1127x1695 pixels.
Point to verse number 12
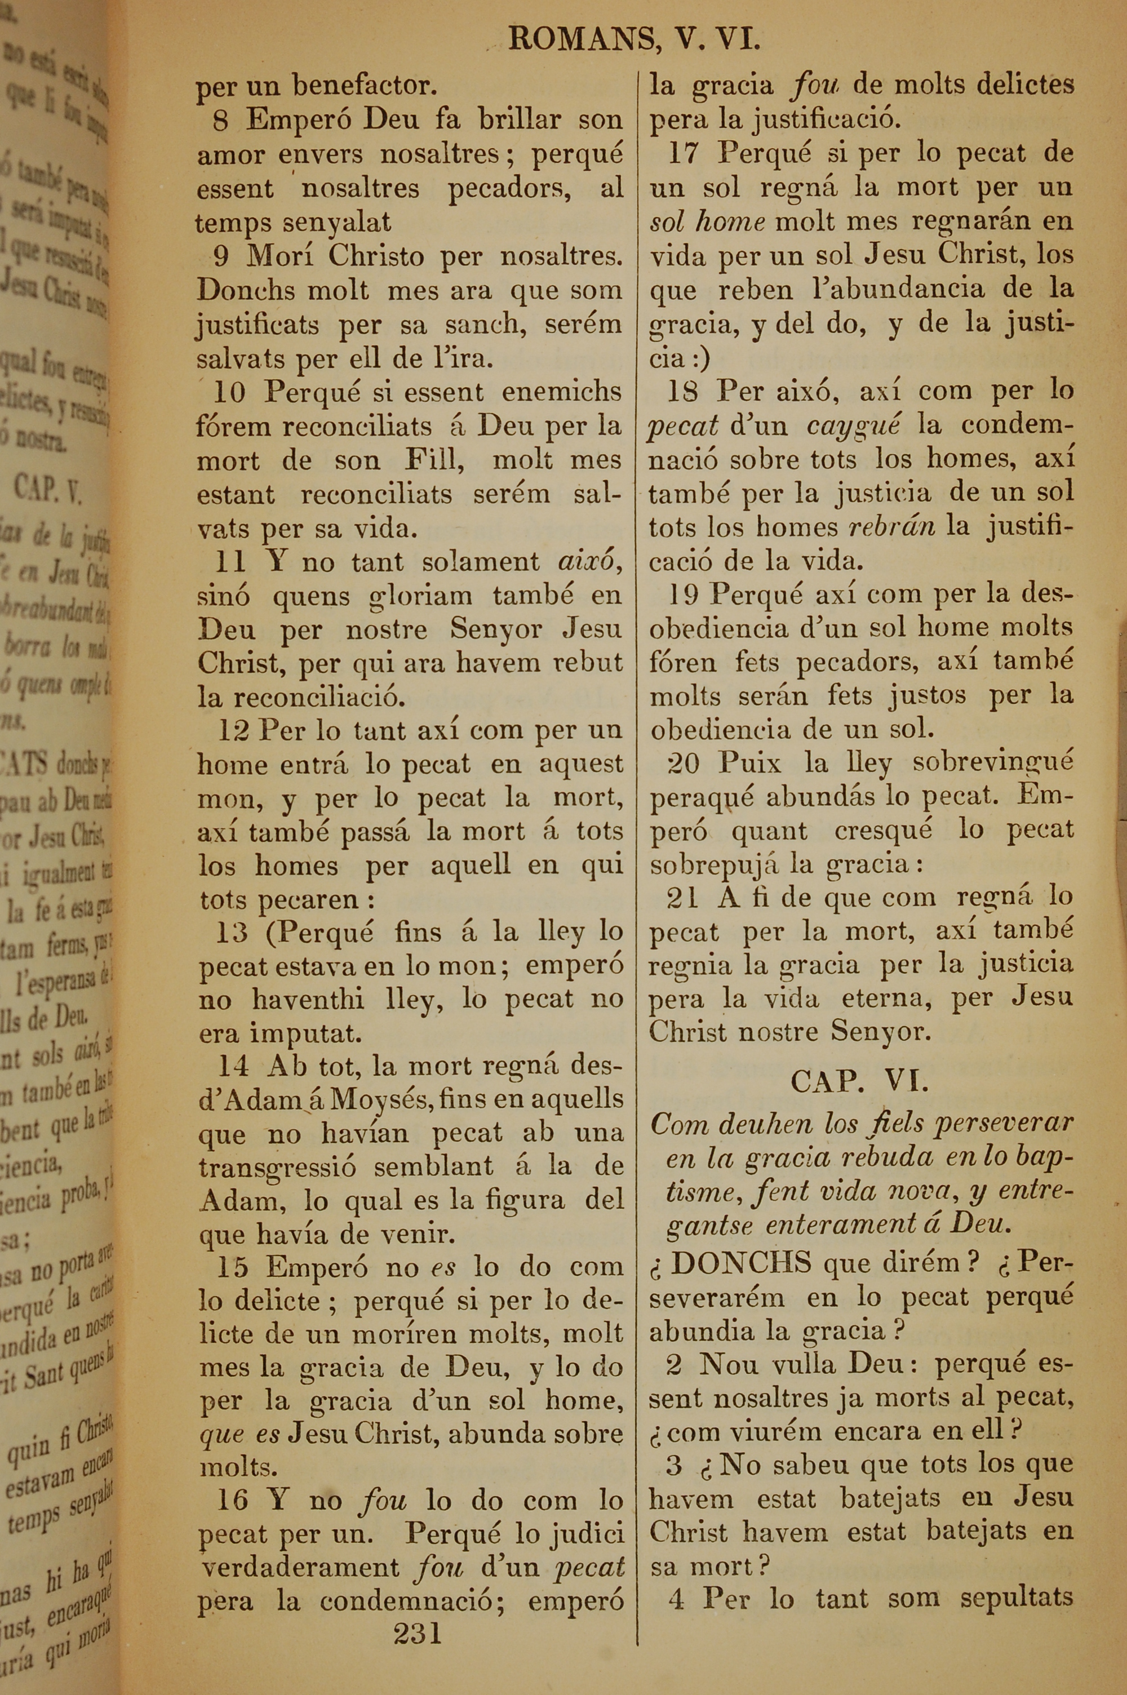pyautogui.click(x=234, y=731)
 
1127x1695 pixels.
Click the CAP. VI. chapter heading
pyautogui.click(x=860, y=1081)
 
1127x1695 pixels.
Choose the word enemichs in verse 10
pyautogui.click(x=561, y=392)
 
